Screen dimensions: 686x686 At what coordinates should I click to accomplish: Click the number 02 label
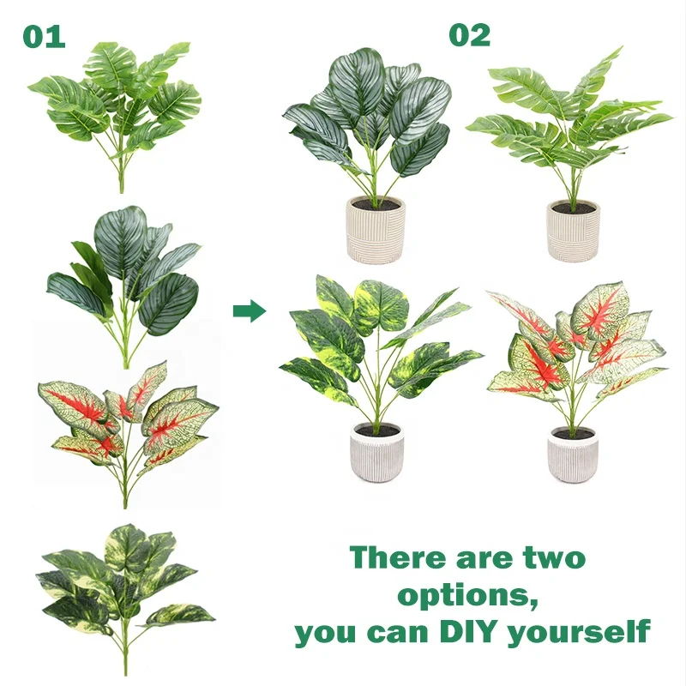point(469,35)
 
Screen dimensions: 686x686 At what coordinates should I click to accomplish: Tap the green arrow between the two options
point(249,310)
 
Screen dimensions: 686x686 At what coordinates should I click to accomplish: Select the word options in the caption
point(467,595)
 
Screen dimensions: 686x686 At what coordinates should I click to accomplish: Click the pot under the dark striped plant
point(375,229)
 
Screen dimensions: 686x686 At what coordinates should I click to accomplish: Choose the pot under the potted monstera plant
point(573,230)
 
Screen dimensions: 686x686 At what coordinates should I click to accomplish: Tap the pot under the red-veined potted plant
point(574,454)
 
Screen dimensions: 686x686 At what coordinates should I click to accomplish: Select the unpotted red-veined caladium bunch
point(124,420)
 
